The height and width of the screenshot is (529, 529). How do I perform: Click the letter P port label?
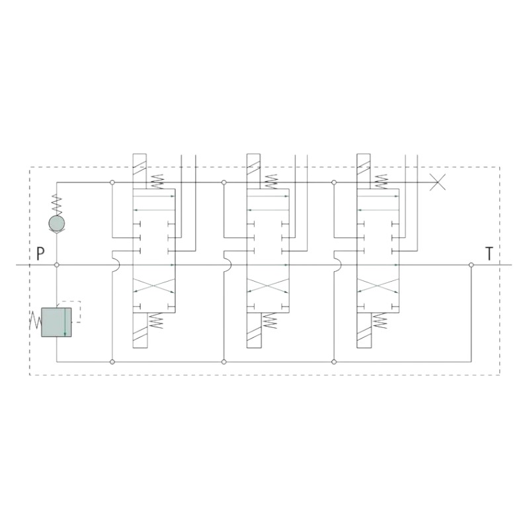(x=40, y=254)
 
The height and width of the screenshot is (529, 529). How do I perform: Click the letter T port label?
(x=489, y=254)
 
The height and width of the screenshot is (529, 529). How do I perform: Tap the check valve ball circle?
(x=57, y=223)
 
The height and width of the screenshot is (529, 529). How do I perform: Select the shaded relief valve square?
(x=56, y=322)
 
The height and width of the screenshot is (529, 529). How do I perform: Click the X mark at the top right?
(x=438, y=183)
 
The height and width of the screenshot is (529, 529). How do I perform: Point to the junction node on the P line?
(x=57, y=265)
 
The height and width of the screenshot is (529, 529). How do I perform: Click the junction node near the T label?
(x=471, y=265)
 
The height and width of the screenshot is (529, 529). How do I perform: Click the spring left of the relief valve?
(x=36, y=320)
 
